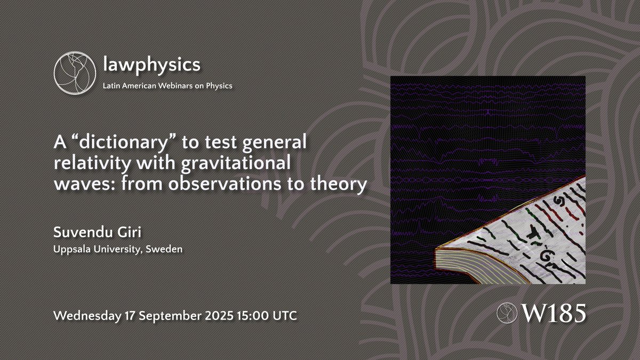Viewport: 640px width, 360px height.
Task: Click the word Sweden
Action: point(169,250)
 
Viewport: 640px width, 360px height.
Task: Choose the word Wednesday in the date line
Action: point(87,315)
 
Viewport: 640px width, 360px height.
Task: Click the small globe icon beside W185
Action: point(506,313)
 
